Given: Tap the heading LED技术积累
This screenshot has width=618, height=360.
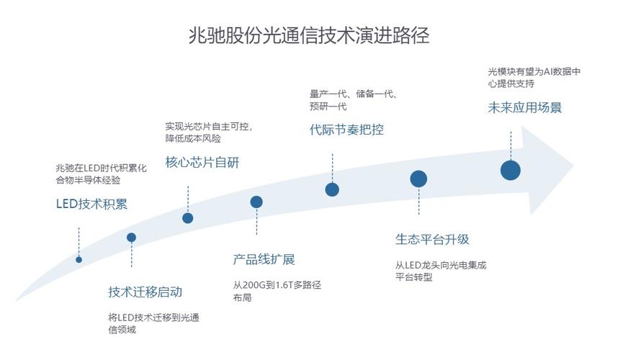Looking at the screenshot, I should point(91,204).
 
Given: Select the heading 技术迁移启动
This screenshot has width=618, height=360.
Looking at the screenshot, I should point(145,292).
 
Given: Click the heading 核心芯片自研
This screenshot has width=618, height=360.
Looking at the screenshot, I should point(202,162).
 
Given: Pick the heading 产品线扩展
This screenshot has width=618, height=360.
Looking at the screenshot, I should point(264,259).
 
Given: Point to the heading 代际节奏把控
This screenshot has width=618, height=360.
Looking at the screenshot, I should point(346,130).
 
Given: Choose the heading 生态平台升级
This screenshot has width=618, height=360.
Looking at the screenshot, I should point(432,239).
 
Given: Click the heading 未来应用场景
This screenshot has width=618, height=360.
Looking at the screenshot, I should point(524,107).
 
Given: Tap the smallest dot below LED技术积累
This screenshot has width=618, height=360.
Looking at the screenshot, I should point(79,259).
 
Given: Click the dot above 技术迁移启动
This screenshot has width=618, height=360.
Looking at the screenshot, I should point(131,238).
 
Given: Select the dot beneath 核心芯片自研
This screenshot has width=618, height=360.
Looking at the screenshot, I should point(188,217).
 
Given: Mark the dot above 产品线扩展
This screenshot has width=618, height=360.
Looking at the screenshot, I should point(256,202).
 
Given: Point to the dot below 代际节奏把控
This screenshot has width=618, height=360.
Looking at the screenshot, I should point(332,189).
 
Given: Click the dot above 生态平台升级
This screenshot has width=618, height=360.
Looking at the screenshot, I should point(418,179).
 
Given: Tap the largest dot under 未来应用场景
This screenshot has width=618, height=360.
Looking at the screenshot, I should point(511,171).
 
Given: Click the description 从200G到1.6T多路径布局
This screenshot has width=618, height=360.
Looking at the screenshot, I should point(277,291).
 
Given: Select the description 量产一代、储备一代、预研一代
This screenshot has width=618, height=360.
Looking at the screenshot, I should point(354,100).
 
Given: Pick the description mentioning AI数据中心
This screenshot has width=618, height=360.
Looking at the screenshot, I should point(534,77).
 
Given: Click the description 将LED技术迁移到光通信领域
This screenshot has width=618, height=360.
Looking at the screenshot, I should point(153,323).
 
